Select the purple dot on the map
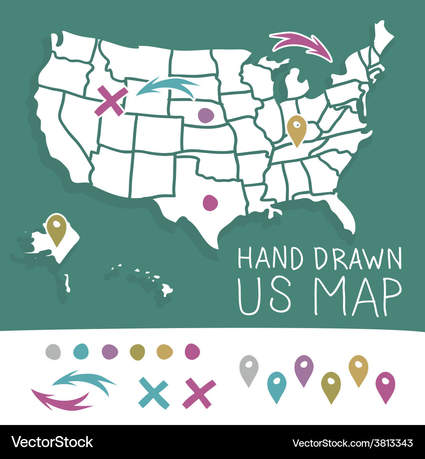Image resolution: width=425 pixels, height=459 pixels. [206, 115]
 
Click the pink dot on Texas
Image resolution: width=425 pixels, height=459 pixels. [210, 203]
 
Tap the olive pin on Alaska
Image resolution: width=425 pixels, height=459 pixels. [57, 228]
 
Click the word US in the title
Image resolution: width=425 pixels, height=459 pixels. [264, 296]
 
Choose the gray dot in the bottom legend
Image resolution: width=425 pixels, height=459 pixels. [53, 351]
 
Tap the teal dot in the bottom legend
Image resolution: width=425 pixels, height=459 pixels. [80, 351]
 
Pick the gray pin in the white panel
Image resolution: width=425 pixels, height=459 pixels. [249, 368]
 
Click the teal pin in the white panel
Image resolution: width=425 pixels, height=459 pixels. [277, 385]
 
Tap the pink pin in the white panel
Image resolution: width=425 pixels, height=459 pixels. [385, 385]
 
